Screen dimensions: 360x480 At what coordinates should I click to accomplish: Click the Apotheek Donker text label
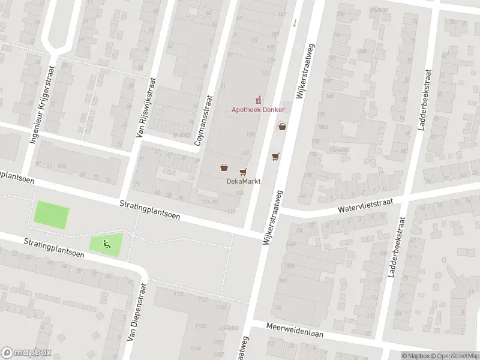click(258, 110)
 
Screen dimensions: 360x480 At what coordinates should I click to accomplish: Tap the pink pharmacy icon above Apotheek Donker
click(259, 98)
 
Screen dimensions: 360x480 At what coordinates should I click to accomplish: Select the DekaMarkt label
click(242, 181)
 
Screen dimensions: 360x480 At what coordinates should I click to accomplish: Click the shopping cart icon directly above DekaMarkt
click(243, 172)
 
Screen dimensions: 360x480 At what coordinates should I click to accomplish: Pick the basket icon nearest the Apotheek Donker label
click(282, 126)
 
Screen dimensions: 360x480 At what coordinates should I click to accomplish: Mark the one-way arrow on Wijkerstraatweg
click(295, 23)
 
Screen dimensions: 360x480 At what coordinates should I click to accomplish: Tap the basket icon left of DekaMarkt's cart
click(223, 167)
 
